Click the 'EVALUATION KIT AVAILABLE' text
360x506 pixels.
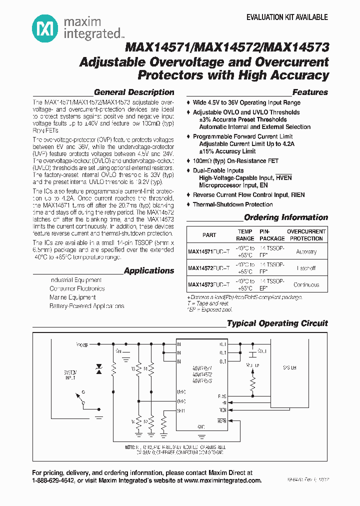[x=287, y=17]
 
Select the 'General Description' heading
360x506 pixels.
[x=134, y=92]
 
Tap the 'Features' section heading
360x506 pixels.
[x=310, y=92]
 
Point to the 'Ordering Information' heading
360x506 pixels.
[x=286, y=217]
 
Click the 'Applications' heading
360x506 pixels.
[x=149, y=271]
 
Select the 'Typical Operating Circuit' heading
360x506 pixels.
[x=277, y=323]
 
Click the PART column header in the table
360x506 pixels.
[x=209, y=235]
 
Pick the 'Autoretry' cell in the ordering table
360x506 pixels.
[x=306, y=252]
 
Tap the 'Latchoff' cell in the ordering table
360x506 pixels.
[x=306, y=268]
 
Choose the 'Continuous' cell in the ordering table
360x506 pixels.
[x=306, y=285]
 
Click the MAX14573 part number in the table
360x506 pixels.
[x=209, y=285]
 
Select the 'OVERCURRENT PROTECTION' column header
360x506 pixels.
[x=306, y=235]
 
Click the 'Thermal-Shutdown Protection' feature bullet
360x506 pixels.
[x=233, y=204]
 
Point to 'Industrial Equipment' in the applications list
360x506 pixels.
[x=76, y=280]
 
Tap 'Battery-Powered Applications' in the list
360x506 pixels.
[x=87, y=306]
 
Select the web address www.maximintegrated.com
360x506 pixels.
[x=223, y=480]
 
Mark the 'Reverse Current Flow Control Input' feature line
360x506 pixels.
[x=249, y=195]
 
